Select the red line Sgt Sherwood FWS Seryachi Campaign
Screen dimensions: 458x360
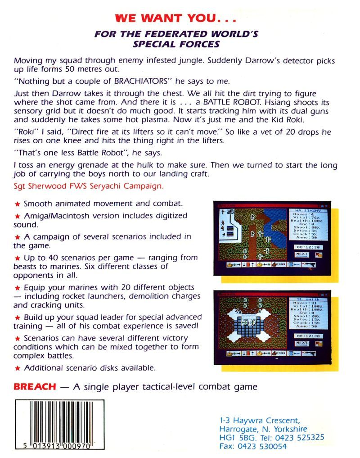coord(89,186)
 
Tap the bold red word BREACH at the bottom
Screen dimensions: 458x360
coord(35,386)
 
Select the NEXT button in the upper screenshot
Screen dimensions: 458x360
coord(302,254)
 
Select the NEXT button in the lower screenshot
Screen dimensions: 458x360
coord(302,343)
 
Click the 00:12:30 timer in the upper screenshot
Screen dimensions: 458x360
coord(307,247)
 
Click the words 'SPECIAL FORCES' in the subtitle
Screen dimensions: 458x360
coord(176,44)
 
